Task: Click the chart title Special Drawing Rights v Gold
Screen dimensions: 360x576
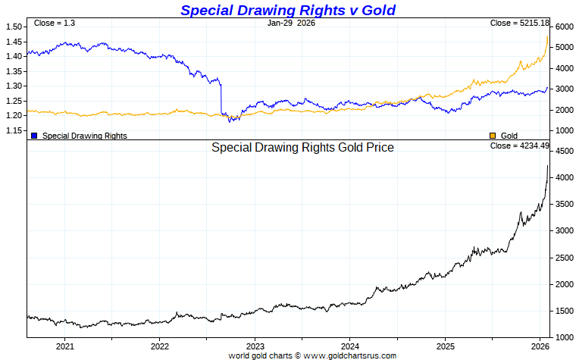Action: tap(287, 10)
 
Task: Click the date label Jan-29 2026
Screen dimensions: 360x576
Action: tap(291, 23)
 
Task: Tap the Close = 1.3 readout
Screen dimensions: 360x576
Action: tap(55, 23)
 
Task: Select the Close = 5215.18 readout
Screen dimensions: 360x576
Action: tap(519, 23)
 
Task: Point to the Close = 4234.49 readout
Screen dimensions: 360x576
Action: tap(519, 146)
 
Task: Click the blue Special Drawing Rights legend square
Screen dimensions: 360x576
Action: tap(34, 136)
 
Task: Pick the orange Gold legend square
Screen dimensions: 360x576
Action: tap(493, 136)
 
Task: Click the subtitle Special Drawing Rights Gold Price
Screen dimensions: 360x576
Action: tap(302, 148)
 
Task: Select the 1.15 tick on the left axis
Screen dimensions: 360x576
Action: tap(14, 130)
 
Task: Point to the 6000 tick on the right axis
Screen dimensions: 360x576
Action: tap(564, 27)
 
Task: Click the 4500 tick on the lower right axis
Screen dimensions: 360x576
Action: tap(564, 152)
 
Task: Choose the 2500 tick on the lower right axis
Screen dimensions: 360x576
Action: tap(564, 258)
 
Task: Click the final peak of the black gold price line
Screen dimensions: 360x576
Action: tap(548, 167)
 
